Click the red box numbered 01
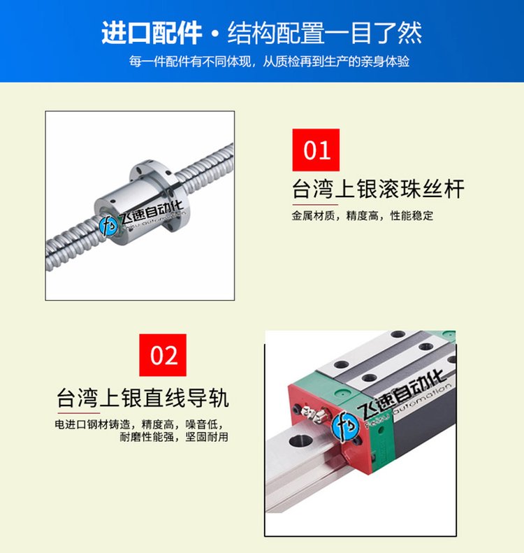point(316,150)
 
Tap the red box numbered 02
point(163,355)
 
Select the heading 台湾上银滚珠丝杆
point(378,189)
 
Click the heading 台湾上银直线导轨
point(143,398)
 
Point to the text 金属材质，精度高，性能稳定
point(362,215)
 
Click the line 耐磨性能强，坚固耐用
point(174,437)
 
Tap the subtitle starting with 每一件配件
point(269,62)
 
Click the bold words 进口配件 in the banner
point(152,33)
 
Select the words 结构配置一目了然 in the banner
point(325,33)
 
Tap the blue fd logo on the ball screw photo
point(108,226)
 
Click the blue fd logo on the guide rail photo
point(345,425)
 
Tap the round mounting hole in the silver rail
point(300,440)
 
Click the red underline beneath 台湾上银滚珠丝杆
point(315,204)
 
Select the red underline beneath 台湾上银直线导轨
point(78,412)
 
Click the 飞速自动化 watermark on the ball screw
point(152,212)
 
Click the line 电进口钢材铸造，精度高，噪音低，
point(139,424)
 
